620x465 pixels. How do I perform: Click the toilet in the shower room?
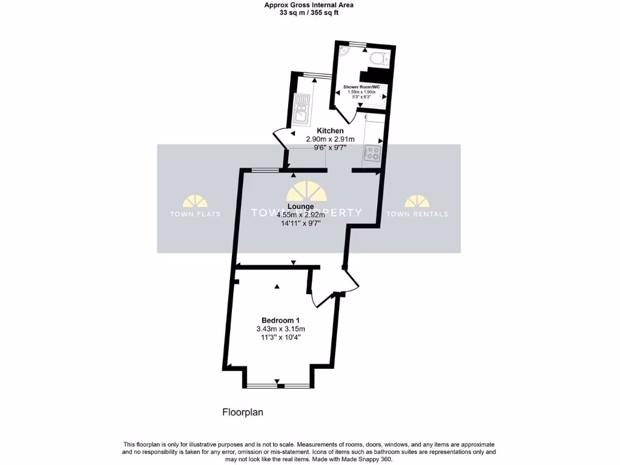point(378,59)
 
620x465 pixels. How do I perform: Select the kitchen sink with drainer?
point(301,109)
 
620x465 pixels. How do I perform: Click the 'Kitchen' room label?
point(331,131)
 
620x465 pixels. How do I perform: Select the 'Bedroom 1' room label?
point(280,320)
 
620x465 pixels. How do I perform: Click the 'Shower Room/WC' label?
point(361,87)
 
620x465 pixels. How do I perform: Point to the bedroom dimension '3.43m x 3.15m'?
point(280,329)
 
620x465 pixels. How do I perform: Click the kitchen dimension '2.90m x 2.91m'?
point(331,139)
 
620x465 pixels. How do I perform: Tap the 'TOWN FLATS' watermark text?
point(195,214)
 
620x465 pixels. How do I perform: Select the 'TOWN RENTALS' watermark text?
point(417,214)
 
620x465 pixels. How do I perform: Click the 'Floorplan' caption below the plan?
point(242,412)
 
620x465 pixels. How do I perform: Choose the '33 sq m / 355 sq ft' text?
point(309,12)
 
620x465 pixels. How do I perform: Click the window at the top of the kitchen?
point(313,74)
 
